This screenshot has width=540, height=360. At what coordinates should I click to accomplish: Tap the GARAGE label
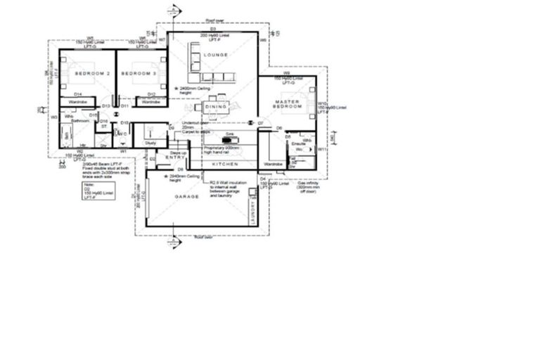(187, 197)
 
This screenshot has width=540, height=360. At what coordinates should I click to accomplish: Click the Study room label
(150, 143)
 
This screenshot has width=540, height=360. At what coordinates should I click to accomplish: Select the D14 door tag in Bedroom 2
(79, 94)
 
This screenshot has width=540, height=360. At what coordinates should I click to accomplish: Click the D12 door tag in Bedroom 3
(150, 94)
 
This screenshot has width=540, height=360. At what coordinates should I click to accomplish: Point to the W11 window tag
(321, 150)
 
